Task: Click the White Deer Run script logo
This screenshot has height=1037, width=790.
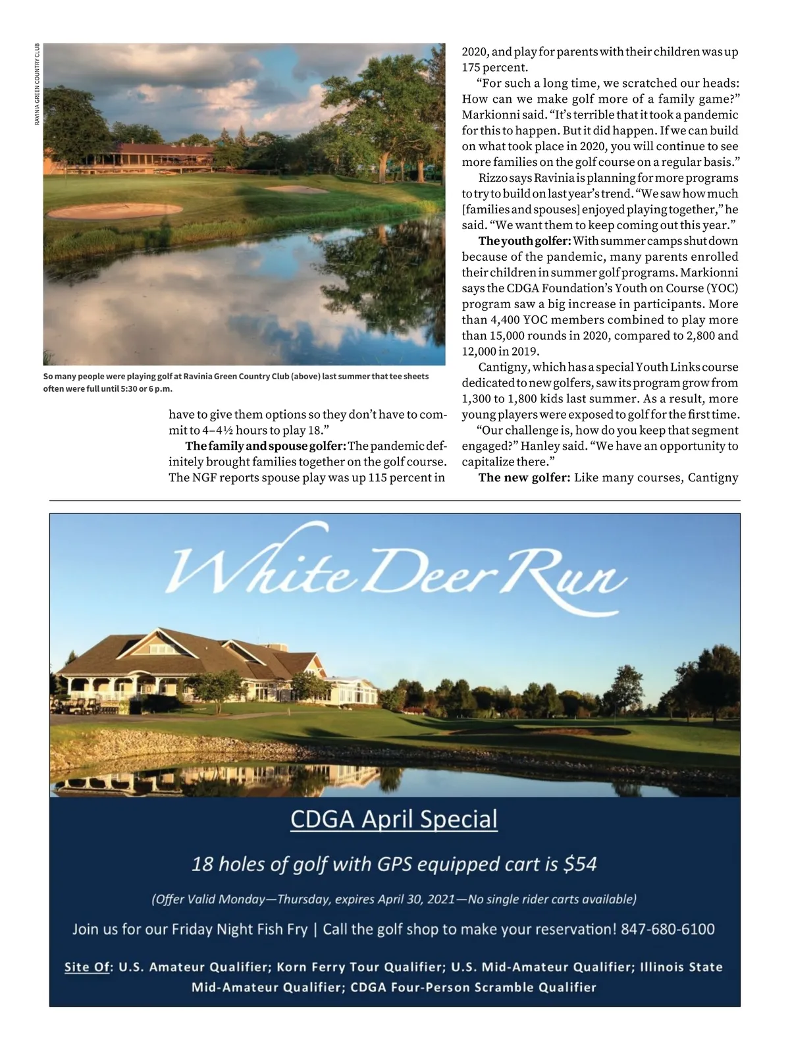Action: pyautogui.click(x=395, y=570)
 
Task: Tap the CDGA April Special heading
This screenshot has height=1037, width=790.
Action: pyautogui.click(x=394, y=819)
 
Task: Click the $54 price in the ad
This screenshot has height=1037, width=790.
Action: pyautogui.click(x=580, y=864)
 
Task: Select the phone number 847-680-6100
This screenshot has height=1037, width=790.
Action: pyautogui.click(x=668, y=929)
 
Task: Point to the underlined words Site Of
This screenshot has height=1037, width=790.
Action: pyautogui.click(x=86, y=967)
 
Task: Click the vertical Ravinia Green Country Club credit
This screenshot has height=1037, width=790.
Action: pyautogui.click(x=38, y=84)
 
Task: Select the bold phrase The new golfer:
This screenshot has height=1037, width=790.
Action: pyautogui.click(x=523, y=478)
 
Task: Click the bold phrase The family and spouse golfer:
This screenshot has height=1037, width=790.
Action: pyautogui.click(x=265, y=446)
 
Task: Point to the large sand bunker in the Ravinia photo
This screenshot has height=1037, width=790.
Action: pyautogui.click(x=115, y=211)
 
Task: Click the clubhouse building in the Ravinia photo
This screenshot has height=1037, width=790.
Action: pyautogui.click(x=165, y=156)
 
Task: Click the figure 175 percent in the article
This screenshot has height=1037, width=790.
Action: pyautogui.click(x=494, y=67)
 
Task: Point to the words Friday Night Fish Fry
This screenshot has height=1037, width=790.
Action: pyautogui.click(x=239, y=929)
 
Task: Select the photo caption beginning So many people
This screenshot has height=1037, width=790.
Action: pyautogui.click(x=236, y=383)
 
